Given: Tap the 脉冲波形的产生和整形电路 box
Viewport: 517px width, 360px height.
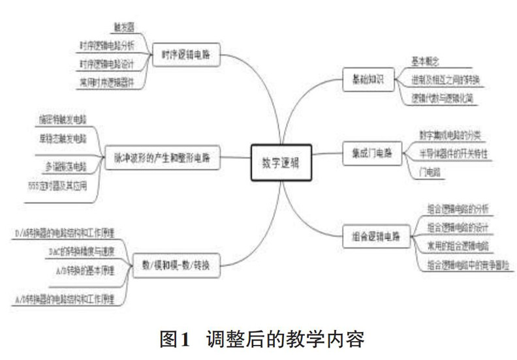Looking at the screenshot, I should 163,157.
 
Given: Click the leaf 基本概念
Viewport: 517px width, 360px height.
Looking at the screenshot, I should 424,61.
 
